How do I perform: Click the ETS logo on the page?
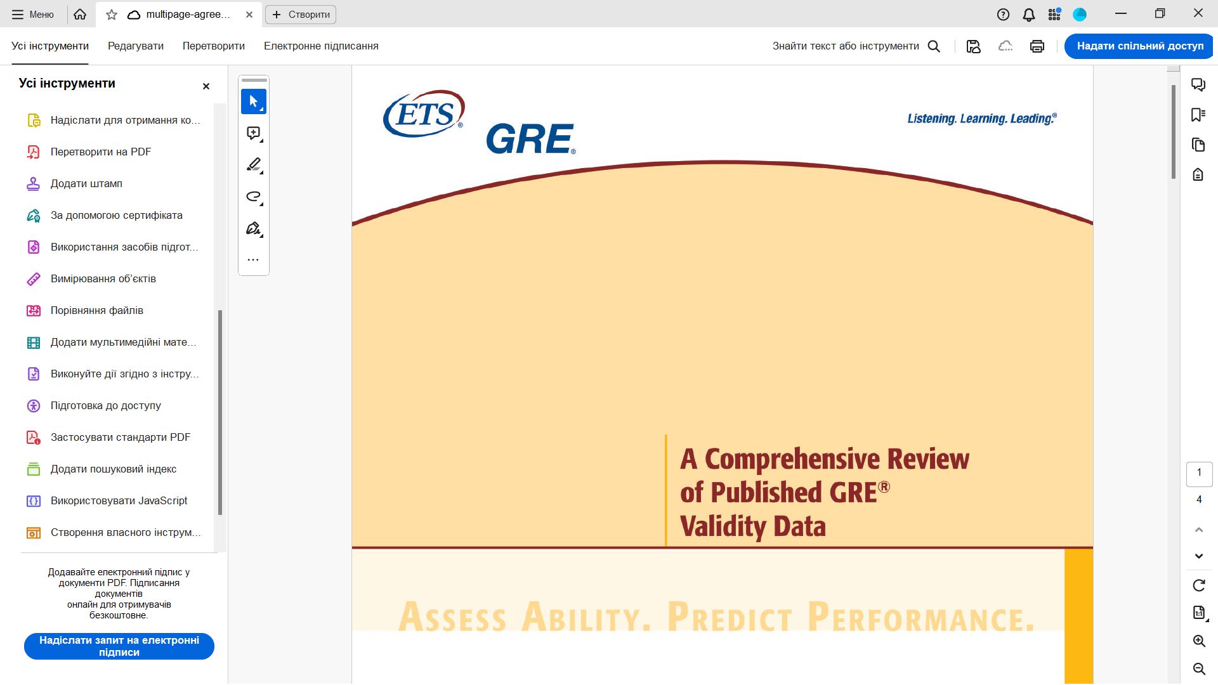click(424, 114)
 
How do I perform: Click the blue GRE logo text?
click(531, 139)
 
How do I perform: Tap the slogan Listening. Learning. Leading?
click(982, 119)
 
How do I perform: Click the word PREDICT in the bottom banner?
click(730, 616)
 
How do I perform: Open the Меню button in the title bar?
click(33, 14)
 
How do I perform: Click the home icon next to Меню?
click(80, 14)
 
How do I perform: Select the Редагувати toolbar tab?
click(136, 46)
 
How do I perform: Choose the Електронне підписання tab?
click(321, 46)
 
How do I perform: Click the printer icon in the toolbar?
click(1037, 46)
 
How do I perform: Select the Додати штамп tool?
click(86, 183)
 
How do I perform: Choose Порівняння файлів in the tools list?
click(97, 310)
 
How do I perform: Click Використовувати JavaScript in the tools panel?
click(119, 500)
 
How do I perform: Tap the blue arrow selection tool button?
click(254, 101)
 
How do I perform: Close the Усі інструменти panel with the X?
click(206, 86)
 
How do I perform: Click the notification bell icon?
click(1029, 15)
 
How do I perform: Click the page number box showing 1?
click(1199, 473)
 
